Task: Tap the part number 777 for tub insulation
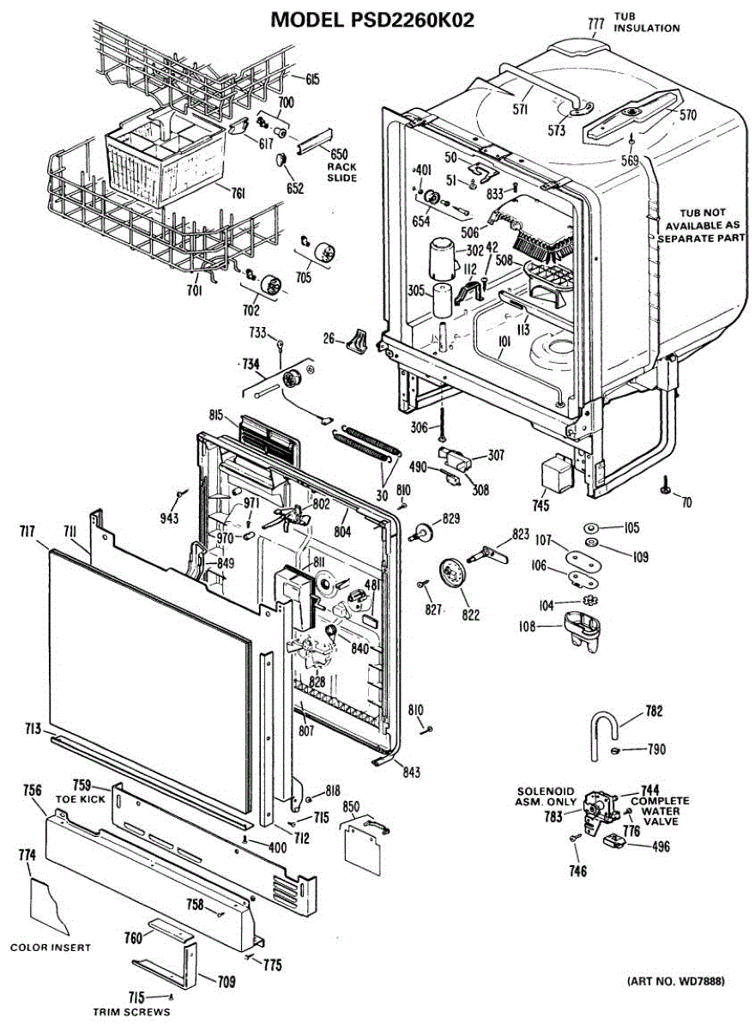pos(596,25)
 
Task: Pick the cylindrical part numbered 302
pos(442,255)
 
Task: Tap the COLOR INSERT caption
pos(51,948)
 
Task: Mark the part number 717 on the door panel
pos(27,533)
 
